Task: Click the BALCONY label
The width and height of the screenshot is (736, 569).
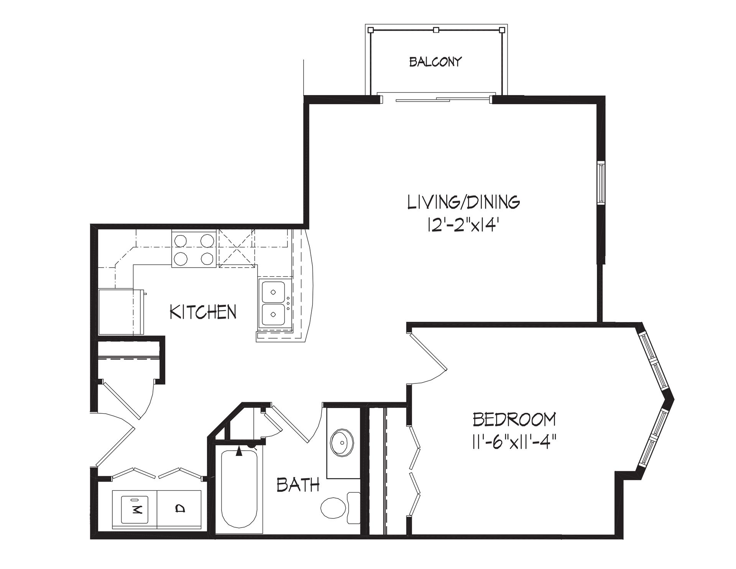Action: click(x=435, y=62)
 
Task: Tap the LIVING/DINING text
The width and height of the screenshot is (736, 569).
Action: click(x=463, y=202)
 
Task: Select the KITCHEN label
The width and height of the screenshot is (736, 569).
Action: click(x=203, y=312)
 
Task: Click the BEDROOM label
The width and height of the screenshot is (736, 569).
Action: click(x=514, y=420)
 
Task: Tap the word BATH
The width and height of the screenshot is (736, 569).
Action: click(x=298, y=485)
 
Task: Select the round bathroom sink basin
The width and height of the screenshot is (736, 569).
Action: click(x=342, y=443)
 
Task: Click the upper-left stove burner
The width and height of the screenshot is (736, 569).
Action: click(x=181, y=241)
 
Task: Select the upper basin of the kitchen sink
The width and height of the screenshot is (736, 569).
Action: click(x=273, y=292)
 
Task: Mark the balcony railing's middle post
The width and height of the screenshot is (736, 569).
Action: click(x=435, y=29)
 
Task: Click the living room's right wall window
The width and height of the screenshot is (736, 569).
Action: click(x=601, y=183)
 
